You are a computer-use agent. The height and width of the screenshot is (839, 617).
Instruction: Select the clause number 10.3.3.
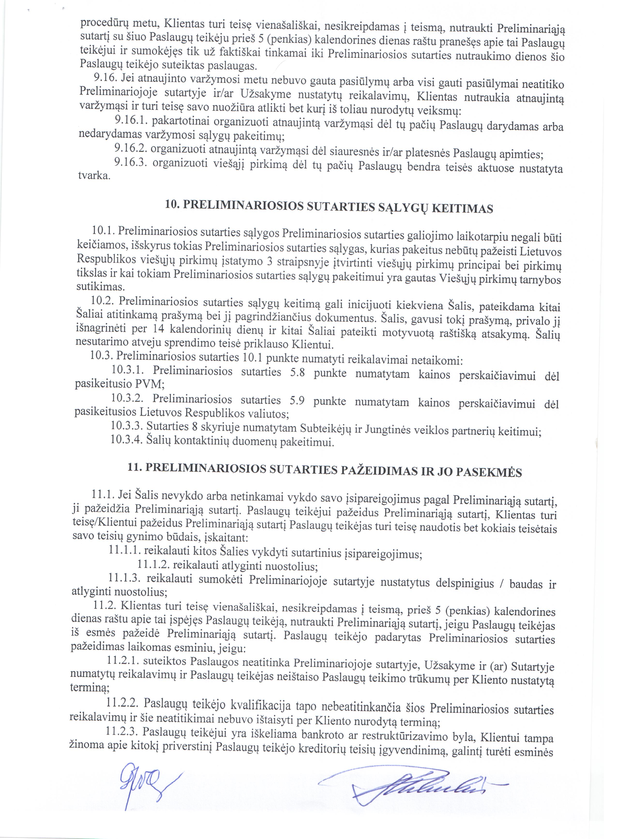click(127, 426)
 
